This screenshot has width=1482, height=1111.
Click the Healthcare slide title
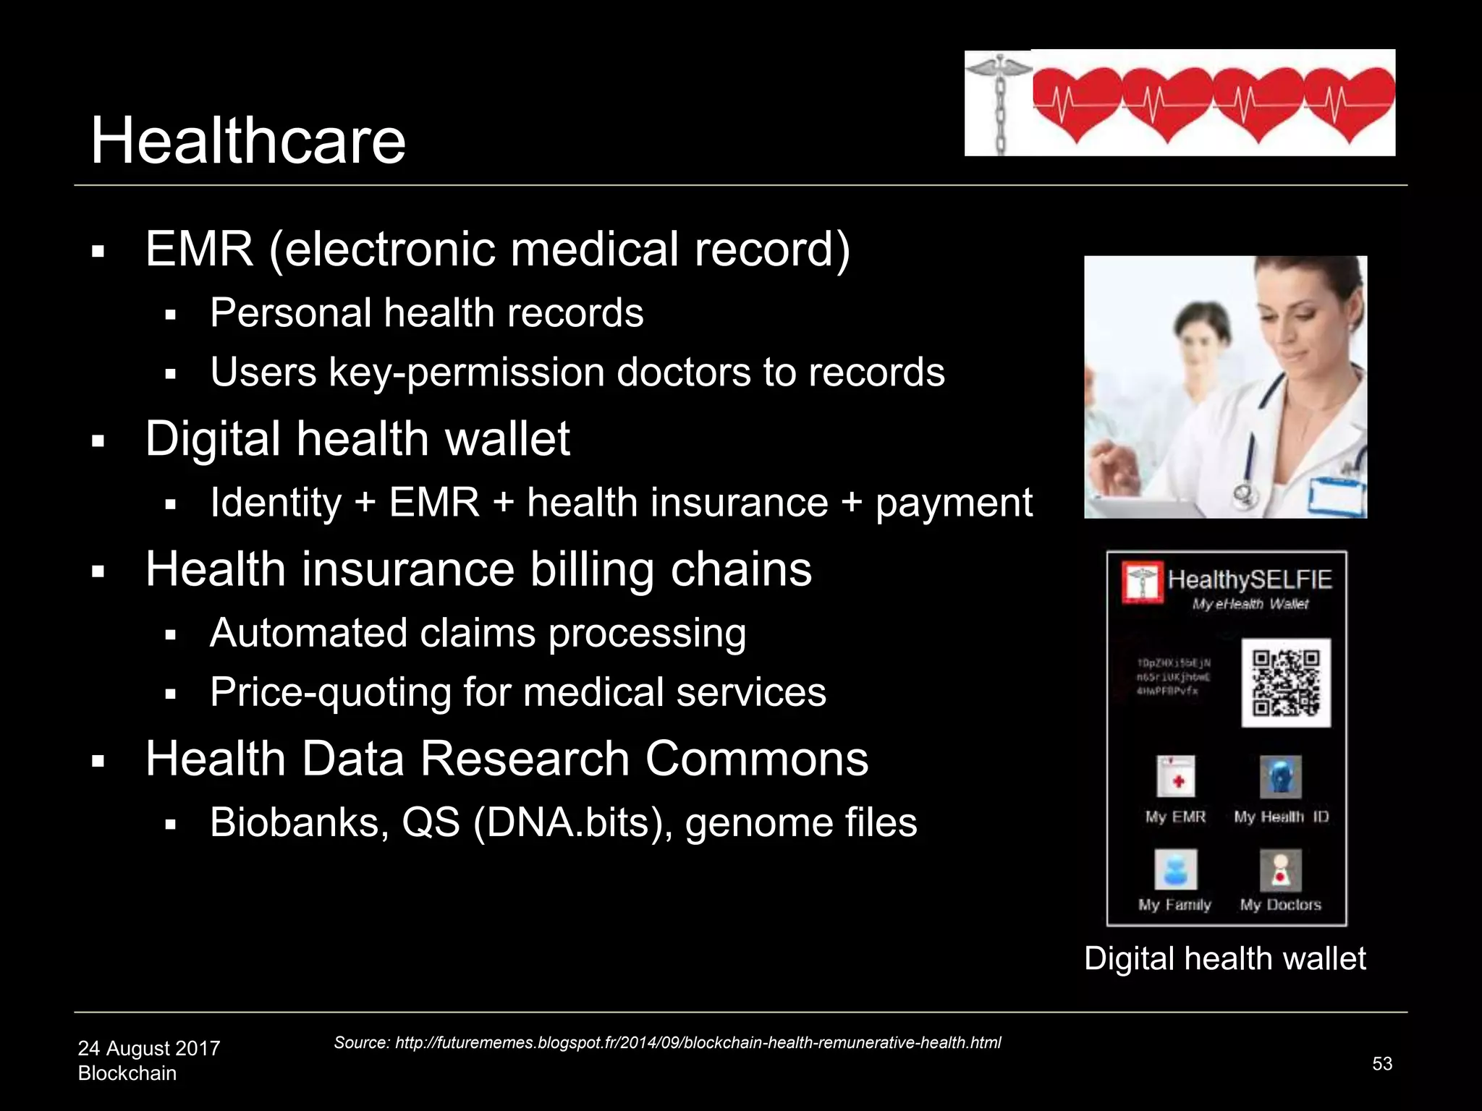(247, 140)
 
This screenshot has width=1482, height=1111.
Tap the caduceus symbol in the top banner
(999, 101)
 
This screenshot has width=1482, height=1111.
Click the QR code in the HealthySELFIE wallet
(1286, 682)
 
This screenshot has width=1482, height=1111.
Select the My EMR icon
(1175, 777)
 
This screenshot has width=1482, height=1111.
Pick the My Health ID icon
(1280, 777)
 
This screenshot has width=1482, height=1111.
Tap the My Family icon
(1175, 869)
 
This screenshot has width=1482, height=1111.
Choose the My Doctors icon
(1280, 869)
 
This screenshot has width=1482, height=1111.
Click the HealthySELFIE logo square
(1143, 581)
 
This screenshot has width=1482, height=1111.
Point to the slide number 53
(1382, 1063)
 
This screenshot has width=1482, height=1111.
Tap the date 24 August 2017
(148, 1048)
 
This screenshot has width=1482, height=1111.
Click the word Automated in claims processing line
(307, 633)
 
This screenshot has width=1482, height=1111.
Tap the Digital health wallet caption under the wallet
(1224, 958)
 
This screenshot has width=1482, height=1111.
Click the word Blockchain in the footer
(127, 1073)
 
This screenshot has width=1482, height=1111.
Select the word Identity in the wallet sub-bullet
(275, 503)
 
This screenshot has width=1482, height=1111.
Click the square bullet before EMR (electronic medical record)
(99, 253)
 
